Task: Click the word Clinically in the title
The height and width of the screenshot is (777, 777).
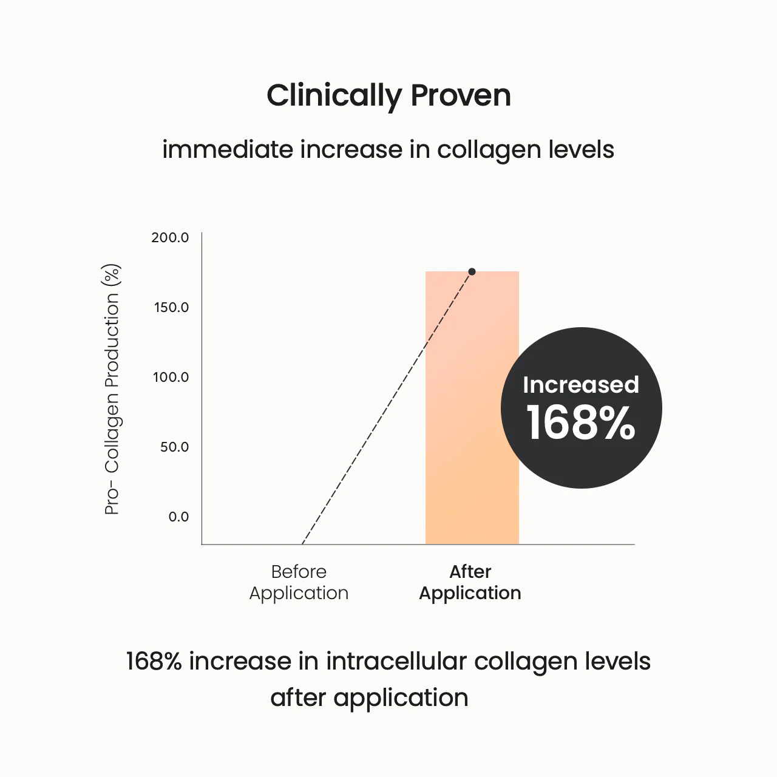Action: click(x=334, y=96)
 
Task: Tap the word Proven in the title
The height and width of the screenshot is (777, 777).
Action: click(x=461, y=96)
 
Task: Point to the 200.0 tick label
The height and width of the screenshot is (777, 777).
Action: click(x=170, y=237)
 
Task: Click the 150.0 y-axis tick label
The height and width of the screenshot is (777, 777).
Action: click(x=171, y=307)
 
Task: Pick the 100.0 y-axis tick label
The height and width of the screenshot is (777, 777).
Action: click(x=171, y=377)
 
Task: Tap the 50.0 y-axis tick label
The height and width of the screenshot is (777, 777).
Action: click(x=174, y=447)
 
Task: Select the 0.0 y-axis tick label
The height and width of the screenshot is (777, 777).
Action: click(x=178, y=517)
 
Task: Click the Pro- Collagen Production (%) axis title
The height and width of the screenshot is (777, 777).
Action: click(x=112, y=389)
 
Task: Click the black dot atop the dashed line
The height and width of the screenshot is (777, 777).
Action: click(x=472, y=271)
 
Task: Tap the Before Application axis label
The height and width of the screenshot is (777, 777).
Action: click(x=299, y=582)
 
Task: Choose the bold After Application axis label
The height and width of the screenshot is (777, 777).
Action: click(x=470, y=582)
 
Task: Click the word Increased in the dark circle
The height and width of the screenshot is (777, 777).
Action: click(x=581, y=385)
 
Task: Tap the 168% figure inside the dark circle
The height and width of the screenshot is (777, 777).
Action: click(x=581, y=423)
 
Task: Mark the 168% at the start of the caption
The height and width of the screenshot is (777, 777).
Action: click(x=154, y=661)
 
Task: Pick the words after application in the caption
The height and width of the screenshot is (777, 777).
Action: click(x=369, y=698)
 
